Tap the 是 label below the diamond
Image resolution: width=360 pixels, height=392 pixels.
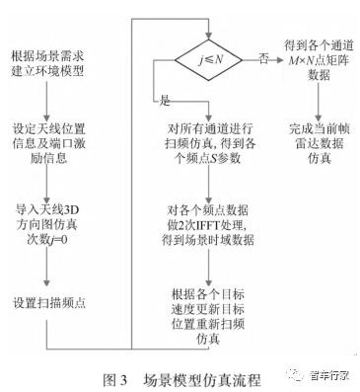(x=164, y=101)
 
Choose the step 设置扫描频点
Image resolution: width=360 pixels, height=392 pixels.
(x=50, y=300)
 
